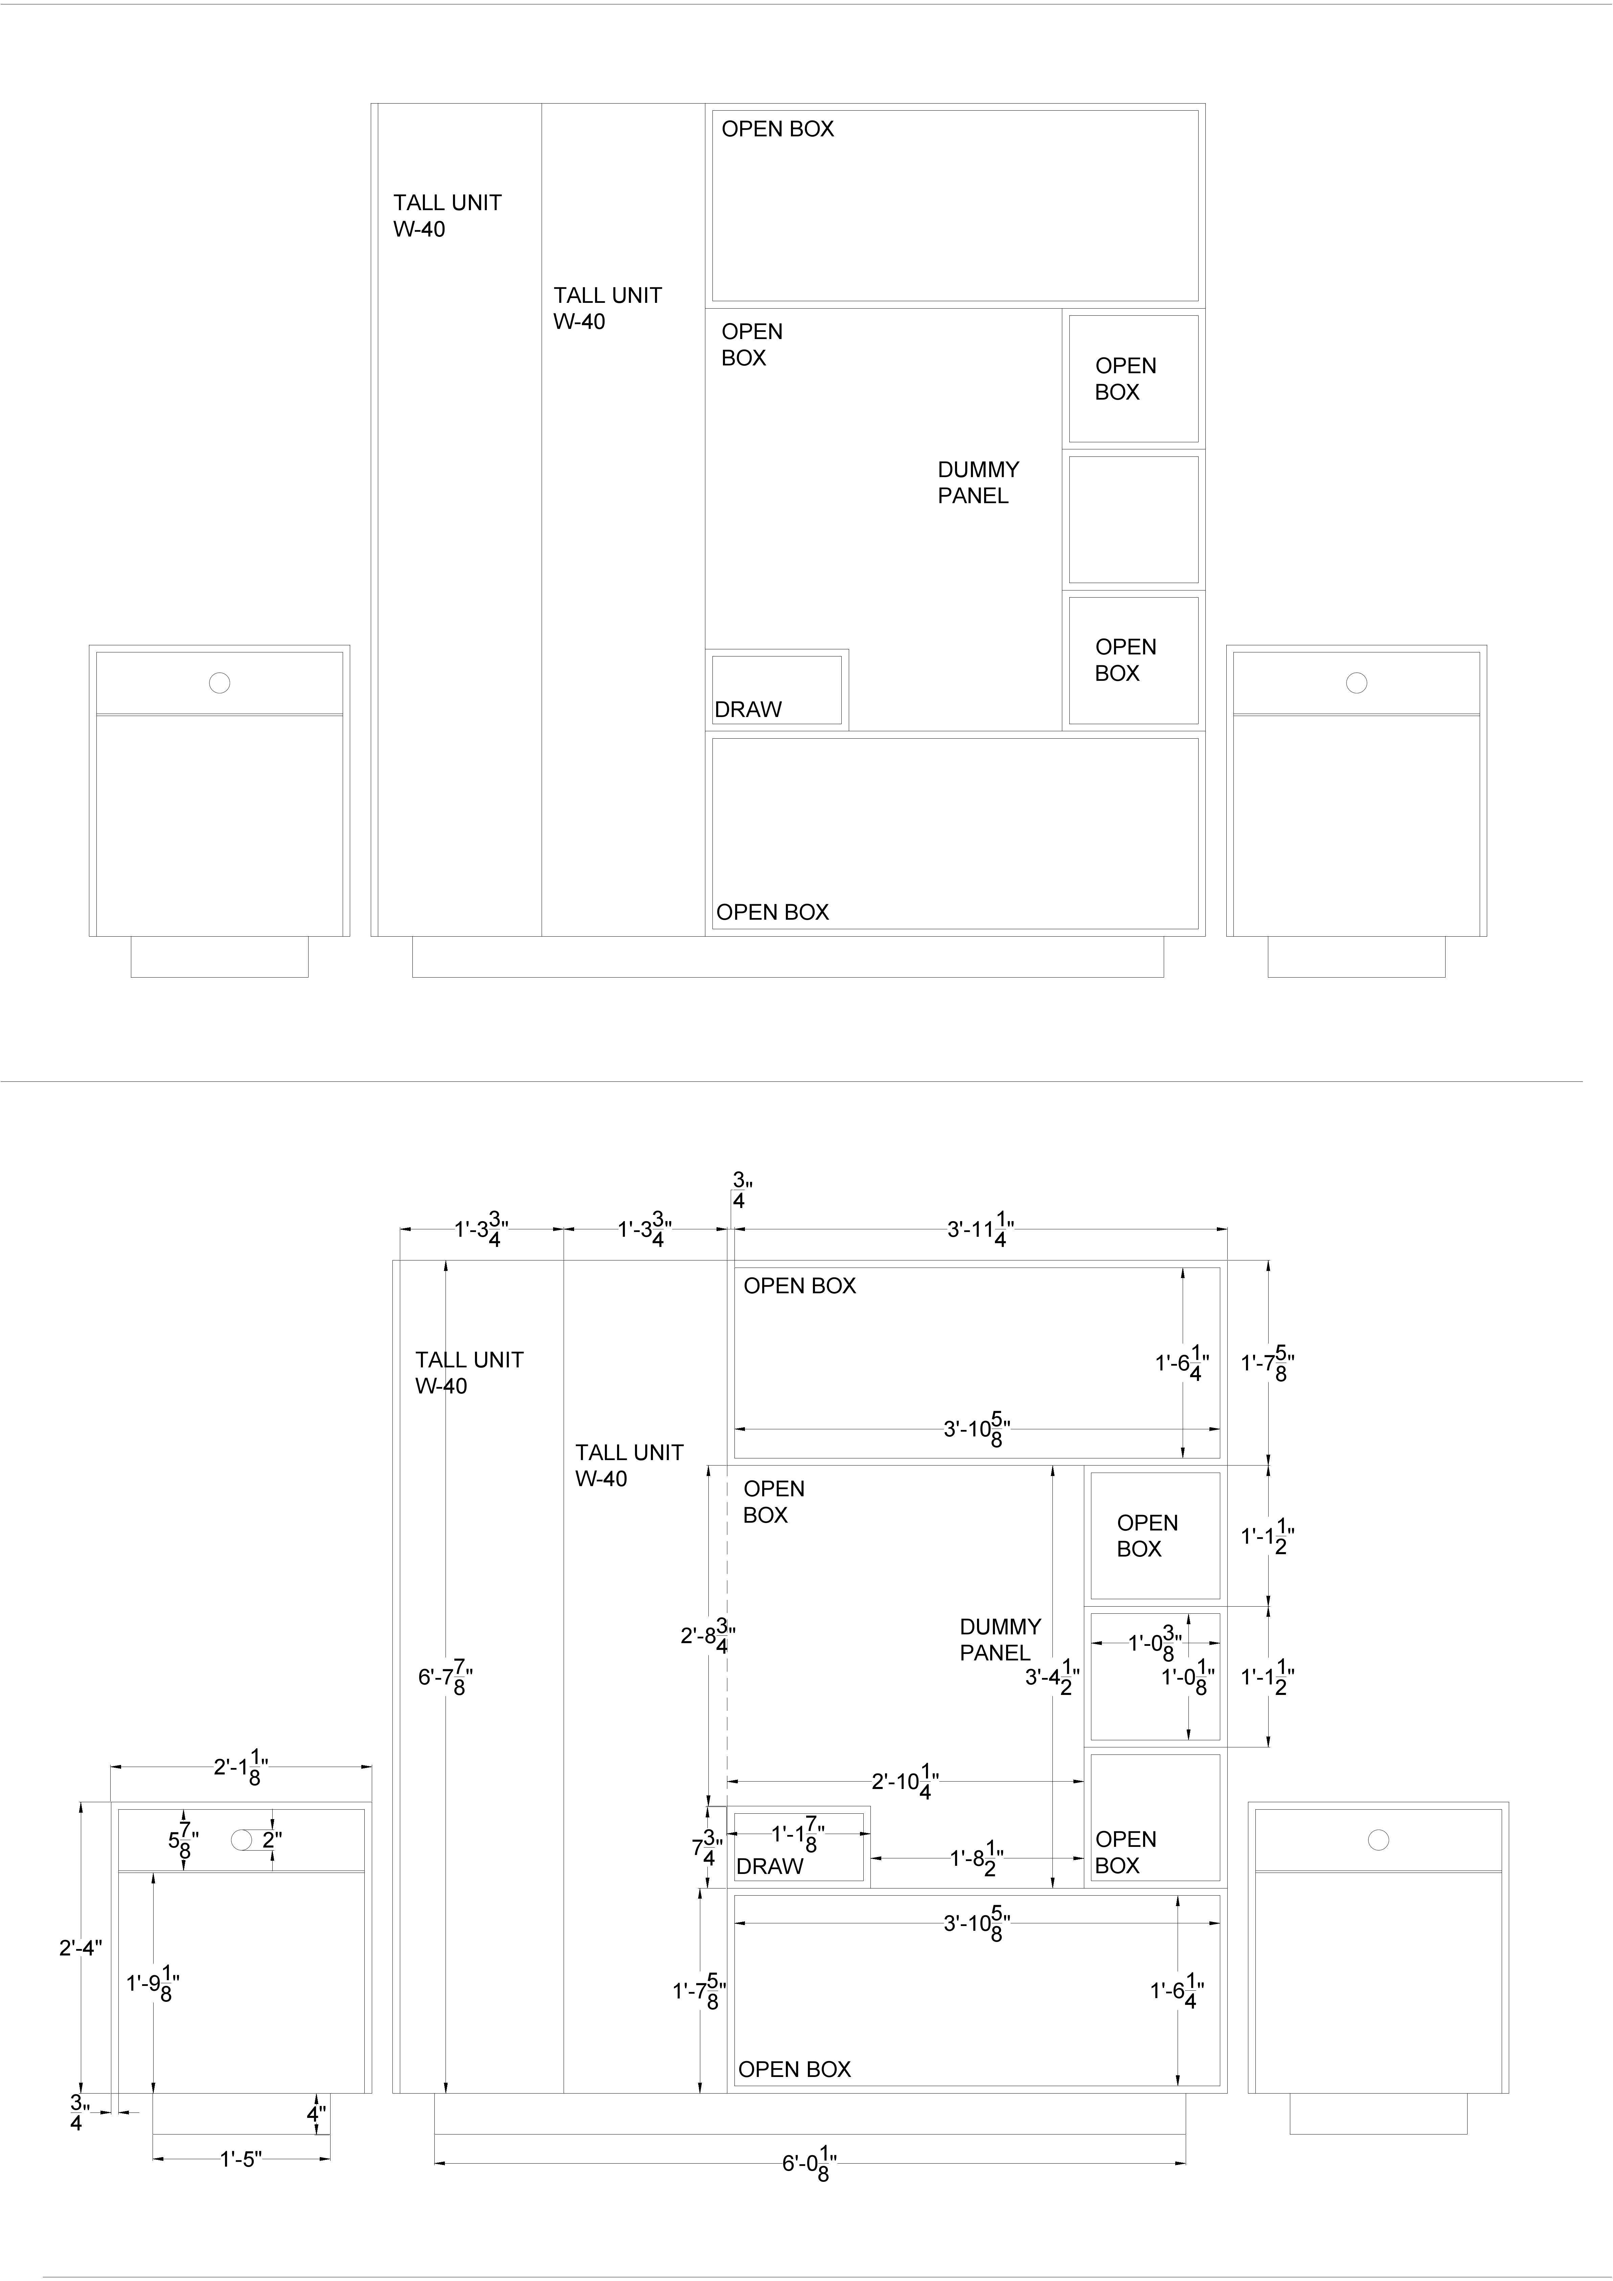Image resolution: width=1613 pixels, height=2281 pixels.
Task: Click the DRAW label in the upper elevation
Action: (x=748, y=709)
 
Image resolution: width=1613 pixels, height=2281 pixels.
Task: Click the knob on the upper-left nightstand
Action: (x=220, y=683)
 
